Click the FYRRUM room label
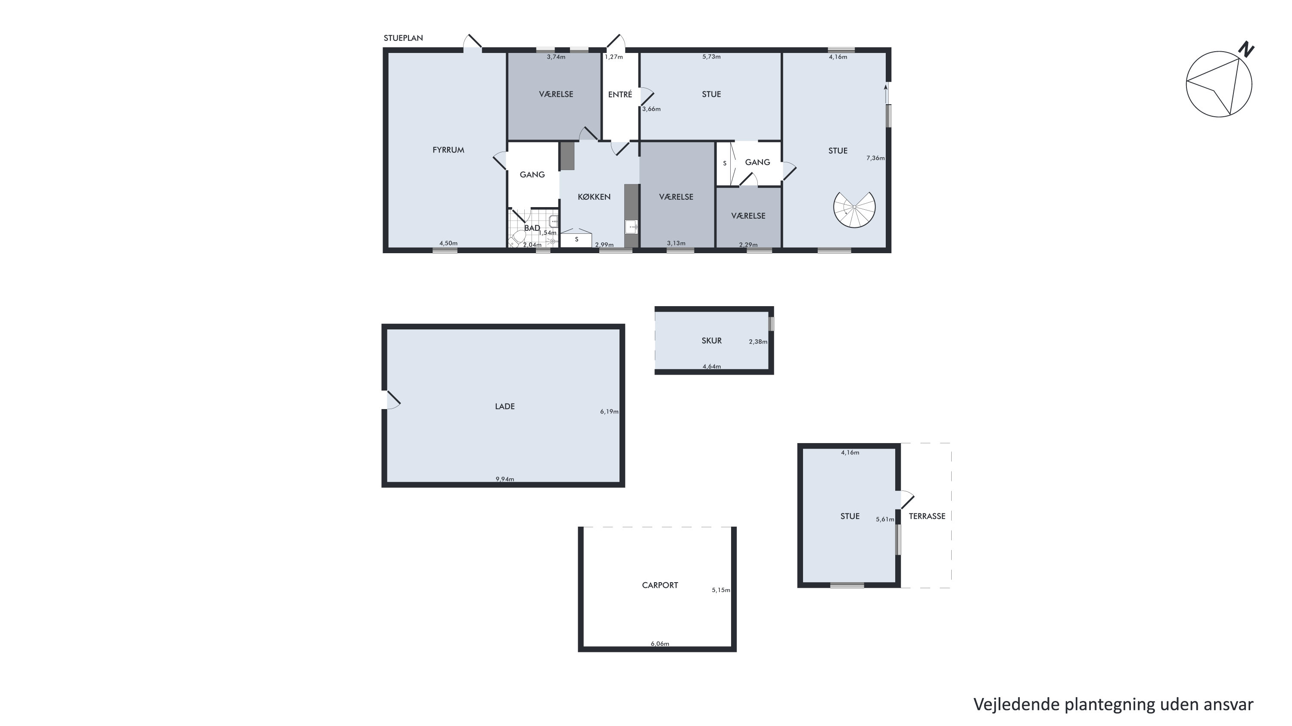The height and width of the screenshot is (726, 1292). (448, 150)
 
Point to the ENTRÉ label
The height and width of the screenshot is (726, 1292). (620, 94)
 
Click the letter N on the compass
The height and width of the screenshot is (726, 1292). (1246, 50)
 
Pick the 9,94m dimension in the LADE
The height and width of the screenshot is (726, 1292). (504, 479)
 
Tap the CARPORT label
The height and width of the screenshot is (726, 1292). (660, 585)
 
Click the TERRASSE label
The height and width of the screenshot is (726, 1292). (926, 516)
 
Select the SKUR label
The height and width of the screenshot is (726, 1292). (711, 341)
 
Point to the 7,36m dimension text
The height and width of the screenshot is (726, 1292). (875, 158)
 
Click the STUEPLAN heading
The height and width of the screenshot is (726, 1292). (403, 38)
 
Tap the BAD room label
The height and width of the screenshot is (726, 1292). (532, 228)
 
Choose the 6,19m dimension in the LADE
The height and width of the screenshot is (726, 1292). (609, 412)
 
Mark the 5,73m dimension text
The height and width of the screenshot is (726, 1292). (711, 57)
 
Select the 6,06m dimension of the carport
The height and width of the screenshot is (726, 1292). (660, 644)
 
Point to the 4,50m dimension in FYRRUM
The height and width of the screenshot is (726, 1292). (448, 243)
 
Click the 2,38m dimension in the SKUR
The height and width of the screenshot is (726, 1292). (758, 342)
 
